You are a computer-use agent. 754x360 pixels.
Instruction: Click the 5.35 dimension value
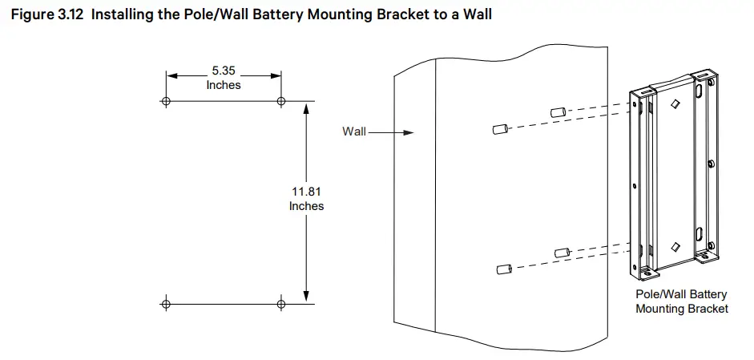[224, 71]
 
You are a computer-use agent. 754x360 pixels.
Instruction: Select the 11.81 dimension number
[306, 192]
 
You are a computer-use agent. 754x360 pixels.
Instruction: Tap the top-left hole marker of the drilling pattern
[166, 101]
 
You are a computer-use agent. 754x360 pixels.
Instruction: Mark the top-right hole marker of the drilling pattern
[281, 101]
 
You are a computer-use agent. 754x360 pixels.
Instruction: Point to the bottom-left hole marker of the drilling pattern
[166, 304]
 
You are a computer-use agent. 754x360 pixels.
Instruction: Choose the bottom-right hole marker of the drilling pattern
[281, 304]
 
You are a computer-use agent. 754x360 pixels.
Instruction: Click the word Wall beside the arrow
[354, 131]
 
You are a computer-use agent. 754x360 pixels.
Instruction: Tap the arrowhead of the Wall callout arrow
[409, 132]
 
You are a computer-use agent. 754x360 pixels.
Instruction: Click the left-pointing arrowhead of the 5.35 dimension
[172, 75]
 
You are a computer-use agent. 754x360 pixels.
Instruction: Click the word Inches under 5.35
[224, 85]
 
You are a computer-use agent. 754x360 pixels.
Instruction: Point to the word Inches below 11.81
[306, 206]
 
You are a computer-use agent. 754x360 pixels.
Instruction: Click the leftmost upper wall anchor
[501, 129]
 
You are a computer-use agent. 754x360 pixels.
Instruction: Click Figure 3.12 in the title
[47, 14]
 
